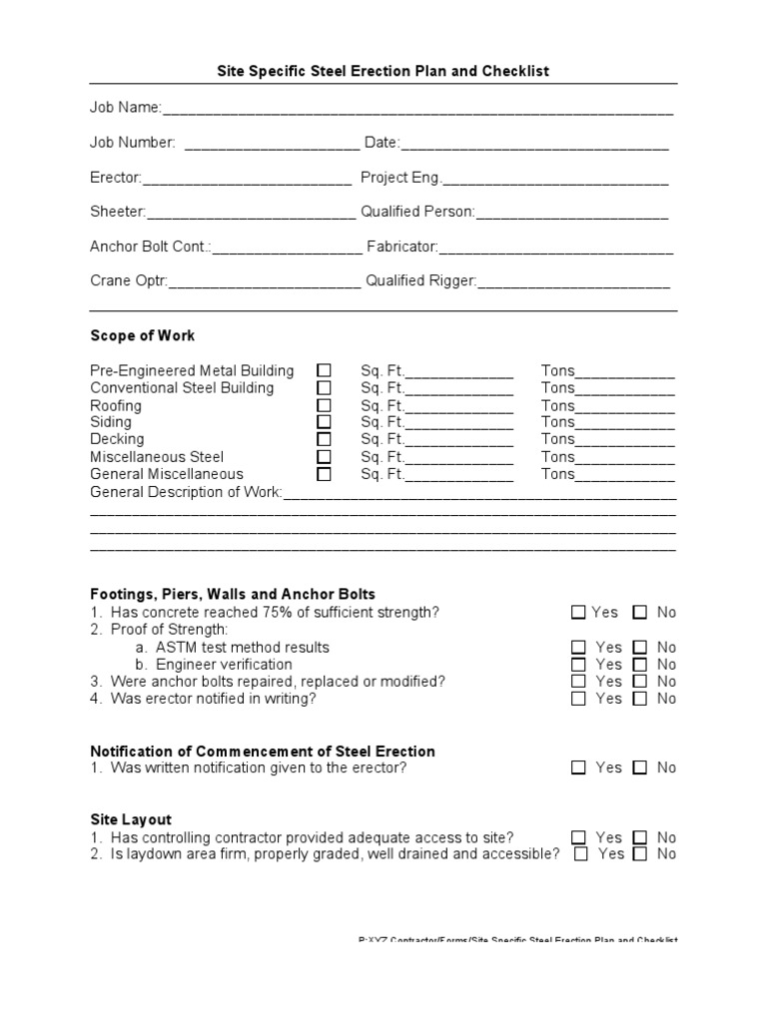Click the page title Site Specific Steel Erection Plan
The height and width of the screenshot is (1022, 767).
click(383, 72)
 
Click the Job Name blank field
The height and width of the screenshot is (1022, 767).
click(417, 109)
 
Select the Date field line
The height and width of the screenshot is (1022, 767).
click(534, 144)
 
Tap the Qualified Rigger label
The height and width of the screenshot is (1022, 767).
click(420, 281)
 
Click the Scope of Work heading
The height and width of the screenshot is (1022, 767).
click(143, 335)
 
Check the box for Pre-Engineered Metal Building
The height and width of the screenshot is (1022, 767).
click(325, 370)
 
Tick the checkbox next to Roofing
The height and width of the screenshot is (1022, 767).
click(325, 405)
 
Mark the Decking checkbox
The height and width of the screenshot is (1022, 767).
click(325, 439)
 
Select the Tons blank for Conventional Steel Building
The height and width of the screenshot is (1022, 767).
click(625, 389)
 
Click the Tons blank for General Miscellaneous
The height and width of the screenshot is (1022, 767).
click(625, 475)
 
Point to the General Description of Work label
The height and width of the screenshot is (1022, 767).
click(187, 492)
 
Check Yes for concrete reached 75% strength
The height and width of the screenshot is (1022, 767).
click(579, 613)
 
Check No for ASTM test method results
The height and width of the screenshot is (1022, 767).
click(640, 648)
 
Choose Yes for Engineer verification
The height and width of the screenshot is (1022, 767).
click(579, 665)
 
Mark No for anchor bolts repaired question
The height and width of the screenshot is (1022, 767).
click(640, 682)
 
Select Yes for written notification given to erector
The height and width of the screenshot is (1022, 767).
click(579, 767)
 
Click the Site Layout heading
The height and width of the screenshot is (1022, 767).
click(131, 819)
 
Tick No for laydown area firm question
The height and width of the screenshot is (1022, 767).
click(640, 854)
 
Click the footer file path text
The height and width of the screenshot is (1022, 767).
click(517, 941)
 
